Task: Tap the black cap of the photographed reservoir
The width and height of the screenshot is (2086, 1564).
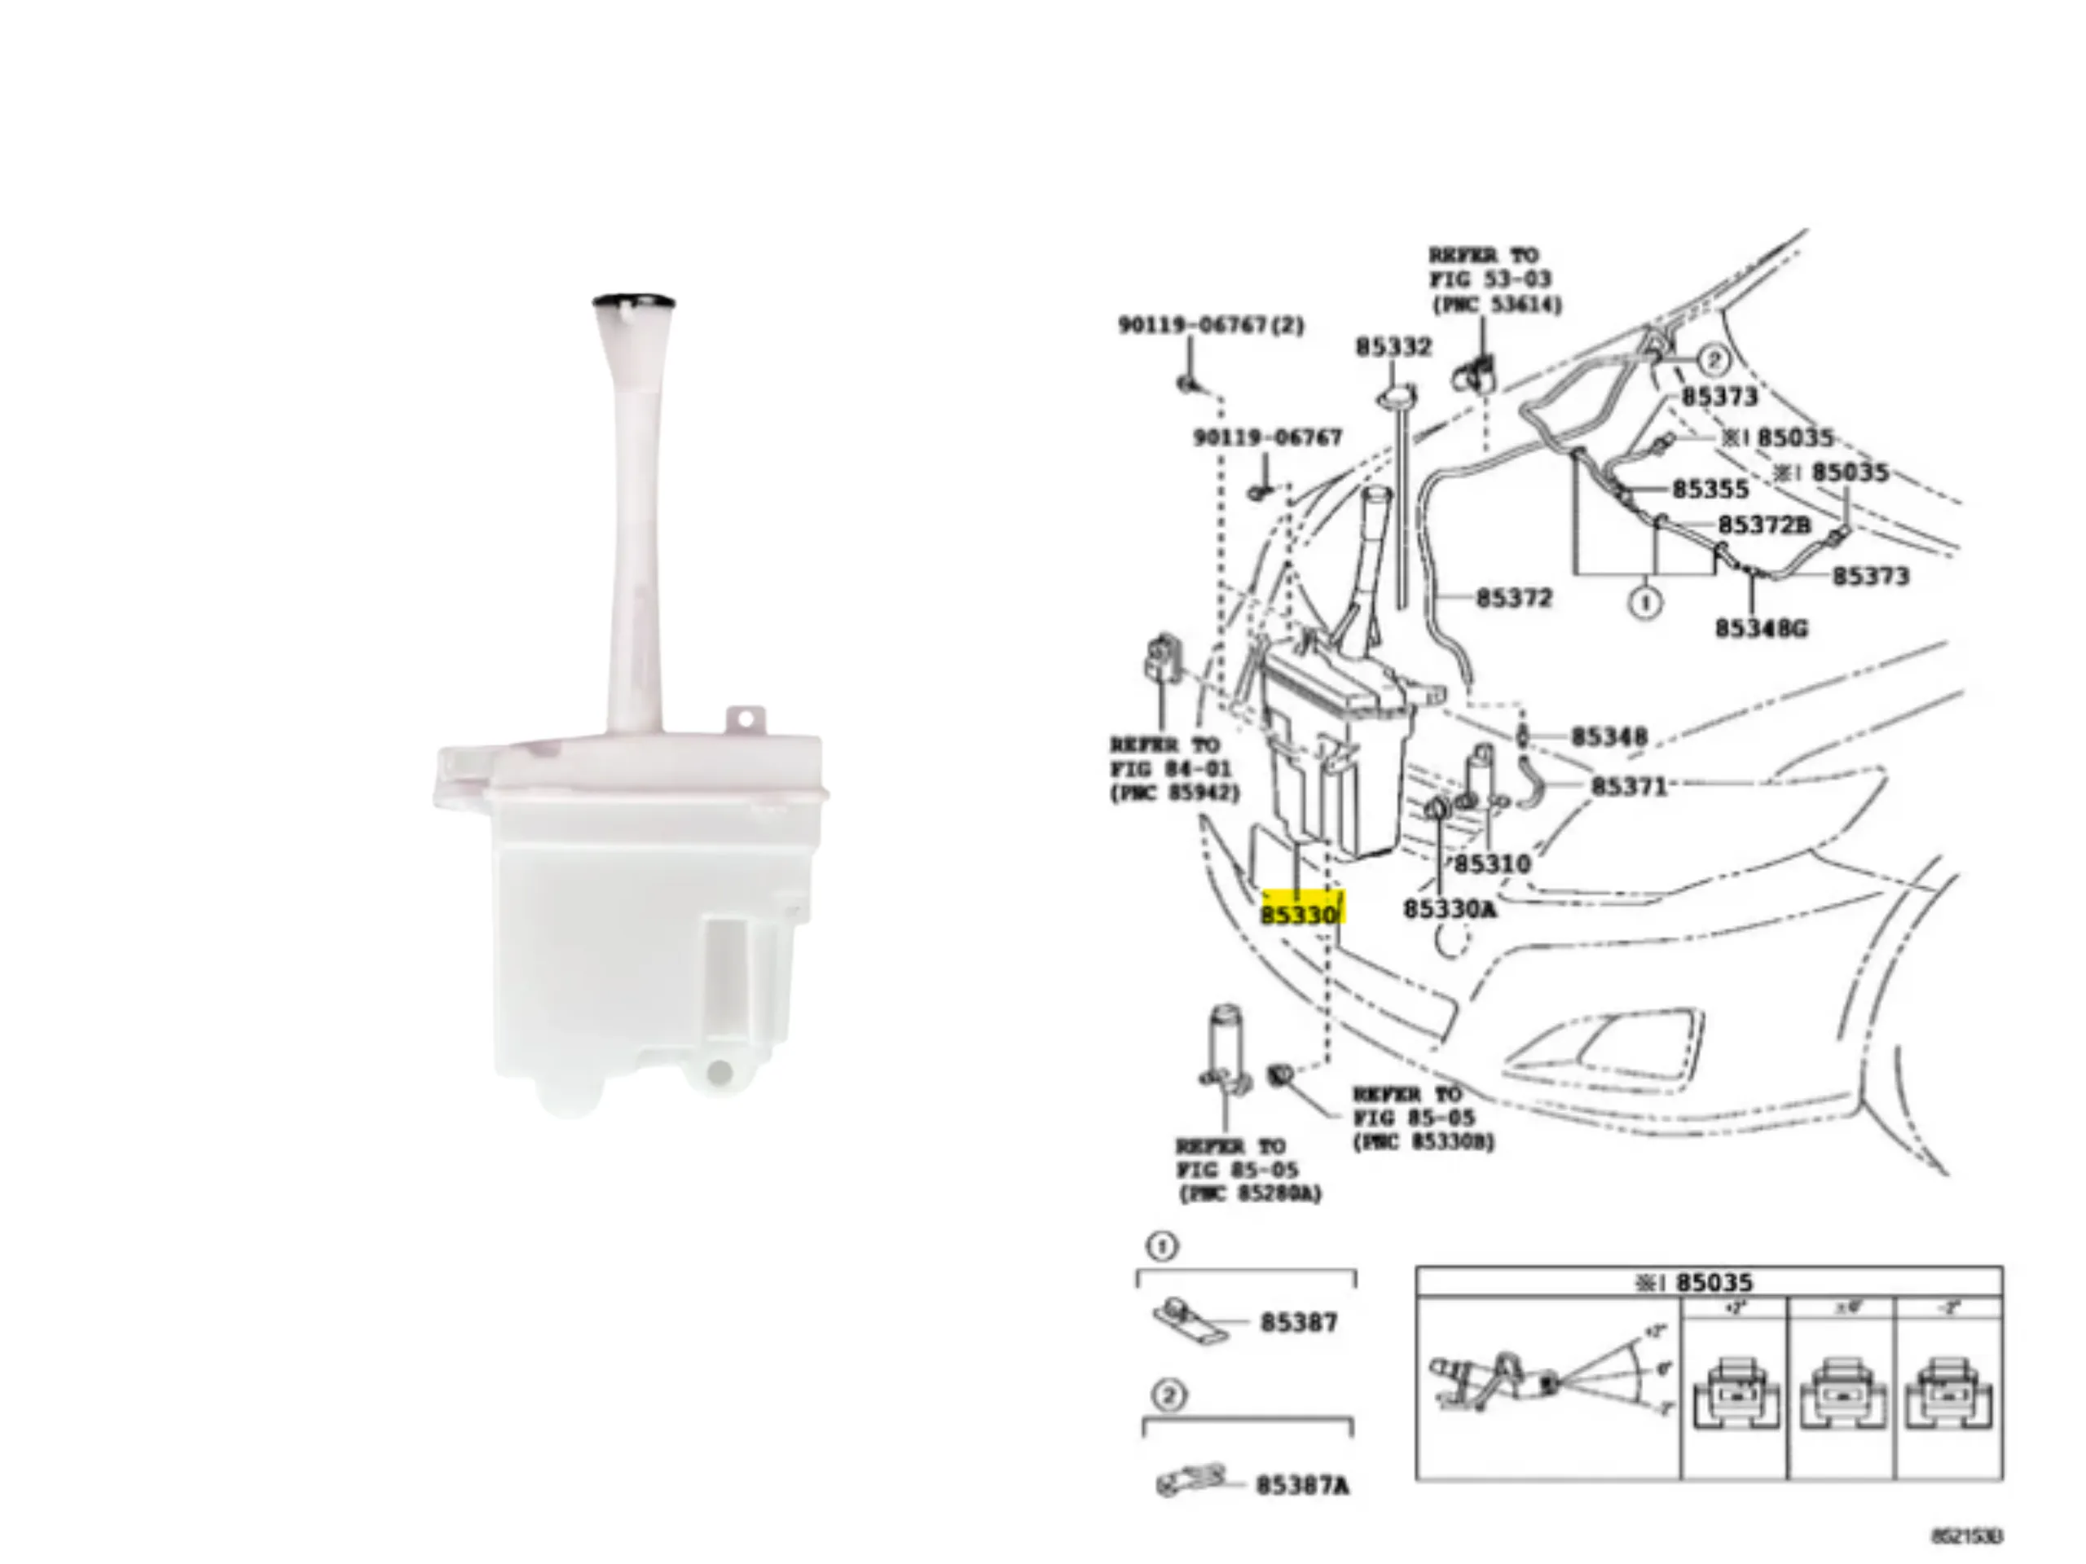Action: [x=633, y=301]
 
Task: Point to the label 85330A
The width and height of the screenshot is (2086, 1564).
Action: [x=1450, y=909]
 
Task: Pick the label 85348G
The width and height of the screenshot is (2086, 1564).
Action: [x=1762, y=628]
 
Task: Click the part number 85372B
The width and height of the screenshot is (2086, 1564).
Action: [x=1764, y=525]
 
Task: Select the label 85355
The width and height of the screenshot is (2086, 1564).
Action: [x=1710, y=490]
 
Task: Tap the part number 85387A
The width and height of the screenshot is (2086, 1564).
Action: [x=1302, y=1487]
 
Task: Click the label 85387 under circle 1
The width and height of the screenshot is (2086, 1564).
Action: [x=1299, y=1323]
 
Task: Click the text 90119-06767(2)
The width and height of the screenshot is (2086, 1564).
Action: [x=1211, y=325]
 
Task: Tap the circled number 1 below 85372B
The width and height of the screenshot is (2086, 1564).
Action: [x=1646, y=603]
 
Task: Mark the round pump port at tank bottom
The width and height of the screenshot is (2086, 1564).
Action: [x=720, y=1072]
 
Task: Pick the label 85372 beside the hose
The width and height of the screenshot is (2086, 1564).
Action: [x=1514, y=598]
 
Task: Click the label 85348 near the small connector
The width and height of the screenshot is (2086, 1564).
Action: [x=1609, y=736]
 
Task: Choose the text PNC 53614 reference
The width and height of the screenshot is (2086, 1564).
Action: [x=1497, y=305]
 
